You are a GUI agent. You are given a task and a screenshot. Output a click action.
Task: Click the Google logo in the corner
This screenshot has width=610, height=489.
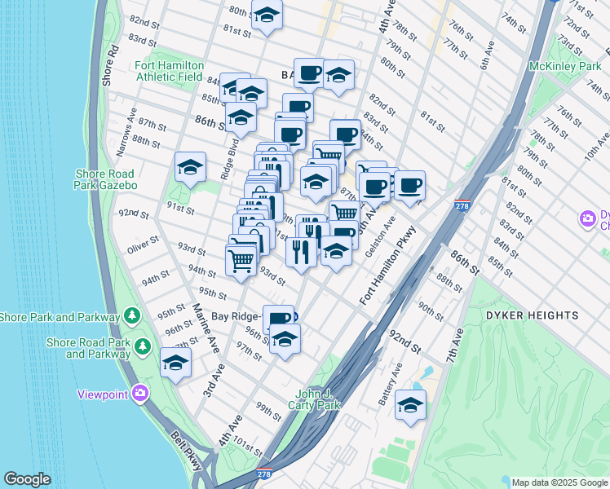tap(28, 479)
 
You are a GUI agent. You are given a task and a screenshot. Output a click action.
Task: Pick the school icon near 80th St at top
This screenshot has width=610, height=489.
tap(267, 15)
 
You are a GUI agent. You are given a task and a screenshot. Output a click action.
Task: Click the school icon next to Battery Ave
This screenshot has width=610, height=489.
tap(410, 404)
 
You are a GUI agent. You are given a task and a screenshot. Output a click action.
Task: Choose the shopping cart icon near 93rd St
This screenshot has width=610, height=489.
tap(241, 261)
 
